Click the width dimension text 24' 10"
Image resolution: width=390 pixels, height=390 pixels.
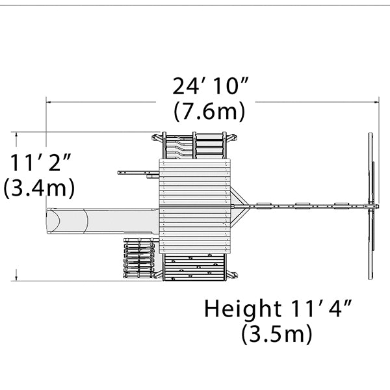pos(210,86)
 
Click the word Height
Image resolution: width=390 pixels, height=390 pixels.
pos(242,309)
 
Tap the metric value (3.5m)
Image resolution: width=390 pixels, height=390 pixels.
pos(276,334)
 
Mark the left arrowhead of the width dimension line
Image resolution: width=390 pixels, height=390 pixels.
pos(49,102)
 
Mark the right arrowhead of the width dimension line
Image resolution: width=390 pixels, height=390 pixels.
pos(376,102)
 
